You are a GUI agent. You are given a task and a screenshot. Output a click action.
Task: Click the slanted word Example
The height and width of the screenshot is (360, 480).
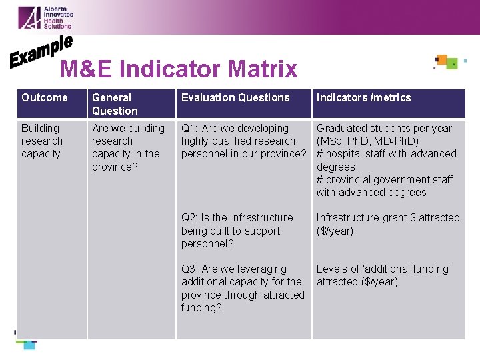(x=41, y=51)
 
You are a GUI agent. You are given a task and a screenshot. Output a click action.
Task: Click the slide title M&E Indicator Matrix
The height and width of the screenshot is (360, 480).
(x=179, y=69)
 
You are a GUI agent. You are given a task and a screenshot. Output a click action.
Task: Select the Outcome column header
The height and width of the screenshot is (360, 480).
(x=45, y=98)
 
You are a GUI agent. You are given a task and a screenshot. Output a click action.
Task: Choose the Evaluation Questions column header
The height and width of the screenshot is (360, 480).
(x=235, y=98)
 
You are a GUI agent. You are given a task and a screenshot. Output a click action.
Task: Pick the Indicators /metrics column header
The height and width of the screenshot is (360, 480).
(x=363, y=98)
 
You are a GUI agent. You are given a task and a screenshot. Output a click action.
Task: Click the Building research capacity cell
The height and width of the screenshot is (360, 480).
(x=41, y=141)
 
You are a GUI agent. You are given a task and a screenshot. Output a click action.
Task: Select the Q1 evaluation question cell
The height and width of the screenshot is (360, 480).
(x=243, y=141)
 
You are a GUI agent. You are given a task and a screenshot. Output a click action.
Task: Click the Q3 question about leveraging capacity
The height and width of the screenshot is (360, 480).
(x=243, y=288)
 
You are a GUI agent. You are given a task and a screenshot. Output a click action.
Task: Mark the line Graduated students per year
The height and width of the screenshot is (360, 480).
(x=384, y=128)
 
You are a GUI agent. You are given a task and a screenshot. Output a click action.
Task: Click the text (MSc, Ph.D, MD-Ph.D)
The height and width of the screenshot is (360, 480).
(x=367, y=141)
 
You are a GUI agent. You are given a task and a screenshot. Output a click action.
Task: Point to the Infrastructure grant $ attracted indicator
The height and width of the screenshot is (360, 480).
(x=388, y=218)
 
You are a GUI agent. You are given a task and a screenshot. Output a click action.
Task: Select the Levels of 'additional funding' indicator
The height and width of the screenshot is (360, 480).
(x=383, y=269)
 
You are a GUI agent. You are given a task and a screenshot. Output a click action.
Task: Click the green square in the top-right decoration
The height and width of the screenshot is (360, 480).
(x=452, y=64)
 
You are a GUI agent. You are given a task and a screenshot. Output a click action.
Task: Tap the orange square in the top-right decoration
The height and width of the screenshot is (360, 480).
(x=442, y=59)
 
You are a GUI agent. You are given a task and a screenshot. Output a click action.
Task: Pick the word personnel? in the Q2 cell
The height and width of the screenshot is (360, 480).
(x=207, y=244)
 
